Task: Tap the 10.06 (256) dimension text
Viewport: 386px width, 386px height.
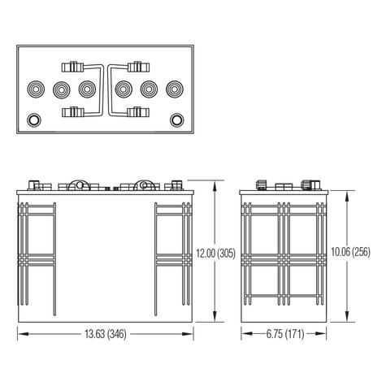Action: (x=349, y=252)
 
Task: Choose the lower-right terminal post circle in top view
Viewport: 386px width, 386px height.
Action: (x=176, y=119)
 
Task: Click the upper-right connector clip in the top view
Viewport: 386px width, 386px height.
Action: (x=136, y=64)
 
